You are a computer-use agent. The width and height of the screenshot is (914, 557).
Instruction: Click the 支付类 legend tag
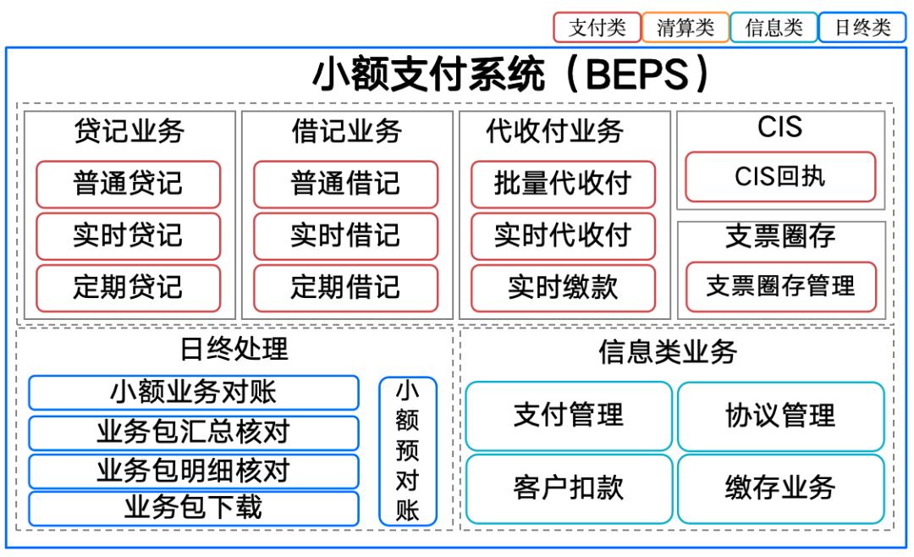pyautogui.click(x=597, y=27)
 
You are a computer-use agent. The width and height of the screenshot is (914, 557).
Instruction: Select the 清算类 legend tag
pyautogui.click(x=685, y=27)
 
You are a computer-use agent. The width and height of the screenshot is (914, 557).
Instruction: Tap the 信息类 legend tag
pyautogui.click(x=774, y=27)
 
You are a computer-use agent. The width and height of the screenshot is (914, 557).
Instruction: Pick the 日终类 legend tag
pyautogui.click(x=862, y=27)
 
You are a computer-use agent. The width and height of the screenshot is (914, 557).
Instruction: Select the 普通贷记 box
pyautogui.click(x=128, y=184)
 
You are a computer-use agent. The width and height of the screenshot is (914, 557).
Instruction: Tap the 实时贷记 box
pyautogui.click(x=128, y=235)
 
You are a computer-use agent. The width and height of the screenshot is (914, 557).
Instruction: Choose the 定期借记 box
pyautogui.click(x=345, y=287)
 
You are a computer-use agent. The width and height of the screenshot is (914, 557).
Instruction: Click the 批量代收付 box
pyautogui.click(x=563, y=184)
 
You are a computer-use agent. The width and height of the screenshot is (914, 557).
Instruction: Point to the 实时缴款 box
pyautogui.click(x=563, y=287)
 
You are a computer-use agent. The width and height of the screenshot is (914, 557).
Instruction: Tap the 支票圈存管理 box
pyautogui.click(x=780, y=286)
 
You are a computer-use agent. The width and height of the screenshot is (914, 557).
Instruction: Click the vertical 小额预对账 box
pyautogui.click(x=408, y=451)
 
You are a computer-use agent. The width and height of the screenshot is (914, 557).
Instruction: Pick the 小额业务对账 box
pyautogui.click(x=194, y=392)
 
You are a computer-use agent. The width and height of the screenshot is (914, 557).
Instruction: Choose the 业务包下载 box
pyautogui.click(x=194, y=508)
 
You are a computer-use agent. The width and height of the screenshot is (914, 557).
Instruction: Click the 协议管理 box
pyautogui.click(x=780, y=416)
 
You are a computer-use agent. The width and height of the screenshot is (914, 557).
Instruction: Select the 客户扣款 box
pyautogui.click(x=569, y=488)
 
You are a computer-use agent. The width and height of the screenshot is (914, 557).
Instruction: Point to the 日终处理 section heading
pyautogui.click(x=234, y=348)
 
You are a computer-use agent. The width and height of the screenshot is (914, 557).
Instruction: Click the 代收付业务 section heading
pyautogui.click(x=555, y=131)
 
